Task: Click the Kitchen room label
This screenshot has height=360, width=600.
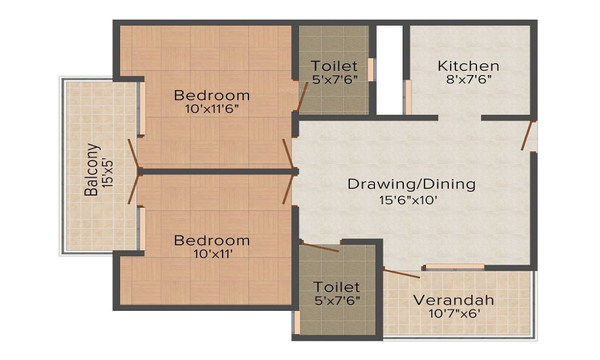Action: tap(469, 66)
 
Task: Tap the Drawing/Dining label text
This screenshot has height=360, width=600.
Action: tap(412, 184)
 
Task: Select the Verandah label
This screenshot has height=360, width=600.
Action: tap(454, 300)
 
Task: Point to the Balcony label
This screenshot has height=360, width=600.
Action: tap(91, 169)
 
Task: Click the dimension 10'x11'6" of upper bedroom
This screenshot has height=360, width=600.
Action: tap(212, 109)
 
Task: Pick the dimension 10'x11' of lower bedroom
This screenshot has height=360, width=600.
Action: tap(212, 254)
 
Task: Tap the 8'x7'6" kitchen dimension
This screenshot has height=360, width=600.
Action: tap(469, 80)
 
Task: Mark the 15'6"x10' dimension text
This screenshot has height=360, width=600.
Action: tap(408, 200)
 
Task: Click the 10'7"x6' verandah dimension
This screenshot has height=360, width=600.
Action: tap(454, 314)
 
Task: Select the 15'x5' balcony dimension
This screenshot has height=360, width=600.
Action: tap(107, 170)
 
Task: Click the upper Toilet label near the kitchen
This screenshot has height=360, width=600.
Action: tap(334, 66)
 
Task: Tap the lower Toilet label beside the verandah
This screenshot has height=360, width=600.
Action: tap(337, 287)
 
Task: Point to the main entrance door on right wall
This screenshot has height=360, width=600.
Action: tap(527, 136)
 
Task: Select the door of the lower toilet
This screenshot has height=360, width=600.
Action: tap(320, 247)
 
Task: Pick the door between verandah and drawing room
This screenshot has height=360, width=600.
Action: tap(401, 274)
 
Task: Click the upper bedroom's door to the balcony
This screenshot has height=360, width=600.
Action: tap(133, 154)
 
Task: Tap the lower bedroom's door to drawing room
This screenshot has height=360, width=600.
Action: tap(287, 190)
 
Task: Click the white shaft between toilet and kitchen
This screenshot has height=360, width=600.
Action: tap(389, 70)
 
